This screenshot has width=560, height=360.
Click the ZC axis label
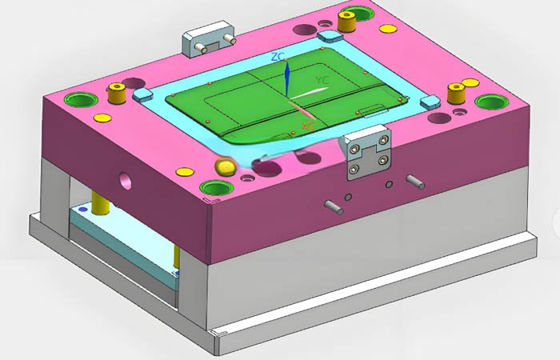point(278,57)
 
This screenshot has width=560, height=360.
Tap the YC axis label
point(322,81)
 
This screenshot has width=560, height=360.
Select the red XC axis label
point(306,126)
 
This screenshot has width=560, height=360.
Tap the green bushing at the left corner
point(80,100)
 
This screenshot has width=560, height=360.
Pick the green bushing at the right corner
point(490,102)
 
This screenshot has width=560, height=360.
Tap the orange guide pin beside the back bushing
point(346,22)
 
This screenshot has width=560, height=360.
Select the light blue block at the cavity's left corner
point(142,95)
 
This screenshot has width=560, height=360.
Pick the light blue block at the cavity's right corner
point(428,102)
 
